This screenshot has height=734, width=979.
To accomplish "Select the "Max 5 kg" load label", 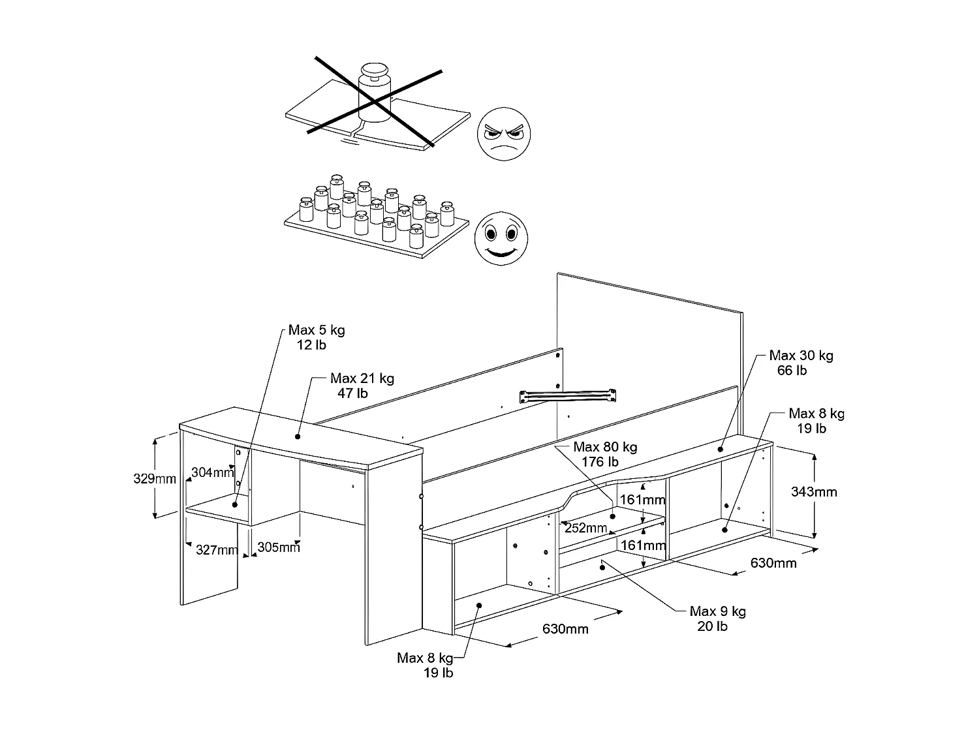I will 317,330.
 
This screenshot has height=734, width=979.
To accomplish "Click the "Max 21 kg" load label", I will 362,378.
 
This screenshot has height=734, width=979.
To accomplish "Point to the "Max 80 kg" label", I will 605,448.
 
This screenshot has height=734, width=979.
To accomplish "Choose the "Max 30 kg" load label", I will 801,356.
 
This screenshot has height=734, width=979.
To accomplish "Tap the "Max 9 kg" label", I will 718,611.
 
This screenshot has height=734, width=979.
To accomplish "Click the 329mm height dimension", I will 155,478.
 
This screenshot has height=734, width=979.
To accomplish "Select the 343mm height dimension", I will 813,492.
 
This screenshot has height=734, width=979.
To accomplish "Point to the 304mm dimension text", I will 213,472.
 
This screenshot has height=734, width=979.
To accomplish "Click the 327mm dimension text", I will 217,550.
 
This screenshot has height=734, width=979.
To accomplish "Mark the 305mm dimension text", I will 279,547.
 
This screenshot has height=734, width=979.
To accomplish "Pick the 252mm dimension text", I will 585,527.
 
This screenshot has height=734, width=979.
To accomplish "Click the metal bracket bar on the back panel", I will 567,395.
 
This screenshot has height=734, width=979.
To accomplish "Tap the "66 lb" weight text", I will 792,371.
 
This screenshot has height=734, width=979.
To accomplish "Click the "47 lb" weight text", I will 353,393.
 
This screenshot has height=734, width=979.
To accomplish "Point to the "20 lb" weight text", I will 712,626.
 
